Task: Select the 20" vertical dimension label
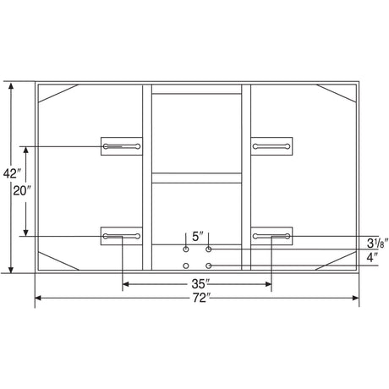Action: [x=21, y=191]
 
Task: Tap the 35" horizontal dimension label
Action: [x=200, y=284]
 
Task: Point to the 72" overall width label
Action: [x=201, y=298]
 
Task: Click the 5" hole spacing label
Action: [x=198, y=237]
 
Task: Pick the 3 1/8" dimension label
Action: [x=378, y=244]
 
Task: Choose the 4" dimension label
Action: [x=372, y=257]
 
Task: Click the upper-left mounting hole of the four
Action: [x=186, y=249]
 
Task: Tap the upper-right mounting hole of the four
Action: [x=209, y=249]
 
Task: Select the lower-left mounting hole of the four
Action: [x=186, y=266]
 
